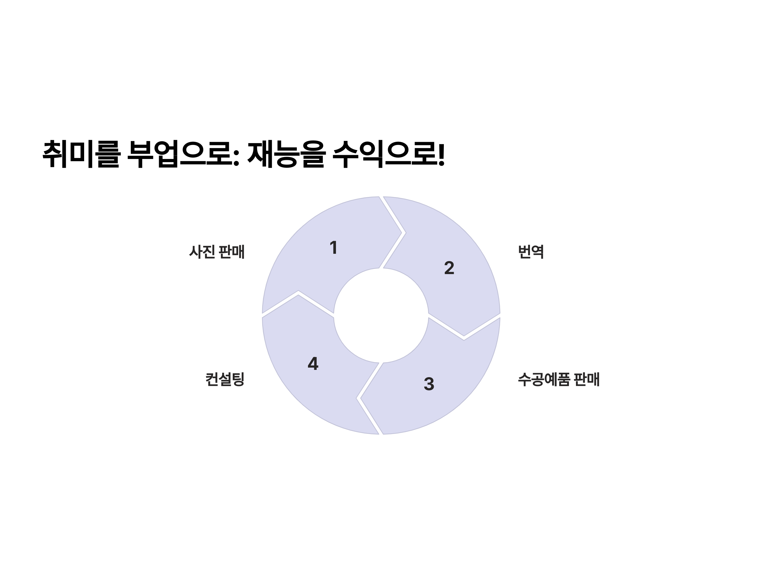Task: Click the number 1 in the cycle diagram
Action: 333,247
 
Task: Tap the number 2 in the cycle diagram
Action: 449,268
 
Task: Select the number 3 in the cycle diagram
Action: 429,384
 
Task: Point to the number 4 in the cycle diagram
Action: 313,364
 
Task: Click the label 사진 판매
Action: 217,252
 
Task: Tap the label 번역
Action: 531,252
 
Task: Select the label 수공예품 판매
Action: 559,379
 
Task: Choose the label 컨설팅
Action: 224,379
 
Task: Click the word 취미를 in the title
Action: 81,154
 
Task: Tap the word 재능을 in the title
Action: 286,154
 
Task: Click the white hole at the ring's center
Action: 381,315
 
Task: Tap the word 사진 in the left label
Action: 202,252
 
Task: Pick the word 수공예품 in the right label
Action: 544,379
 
